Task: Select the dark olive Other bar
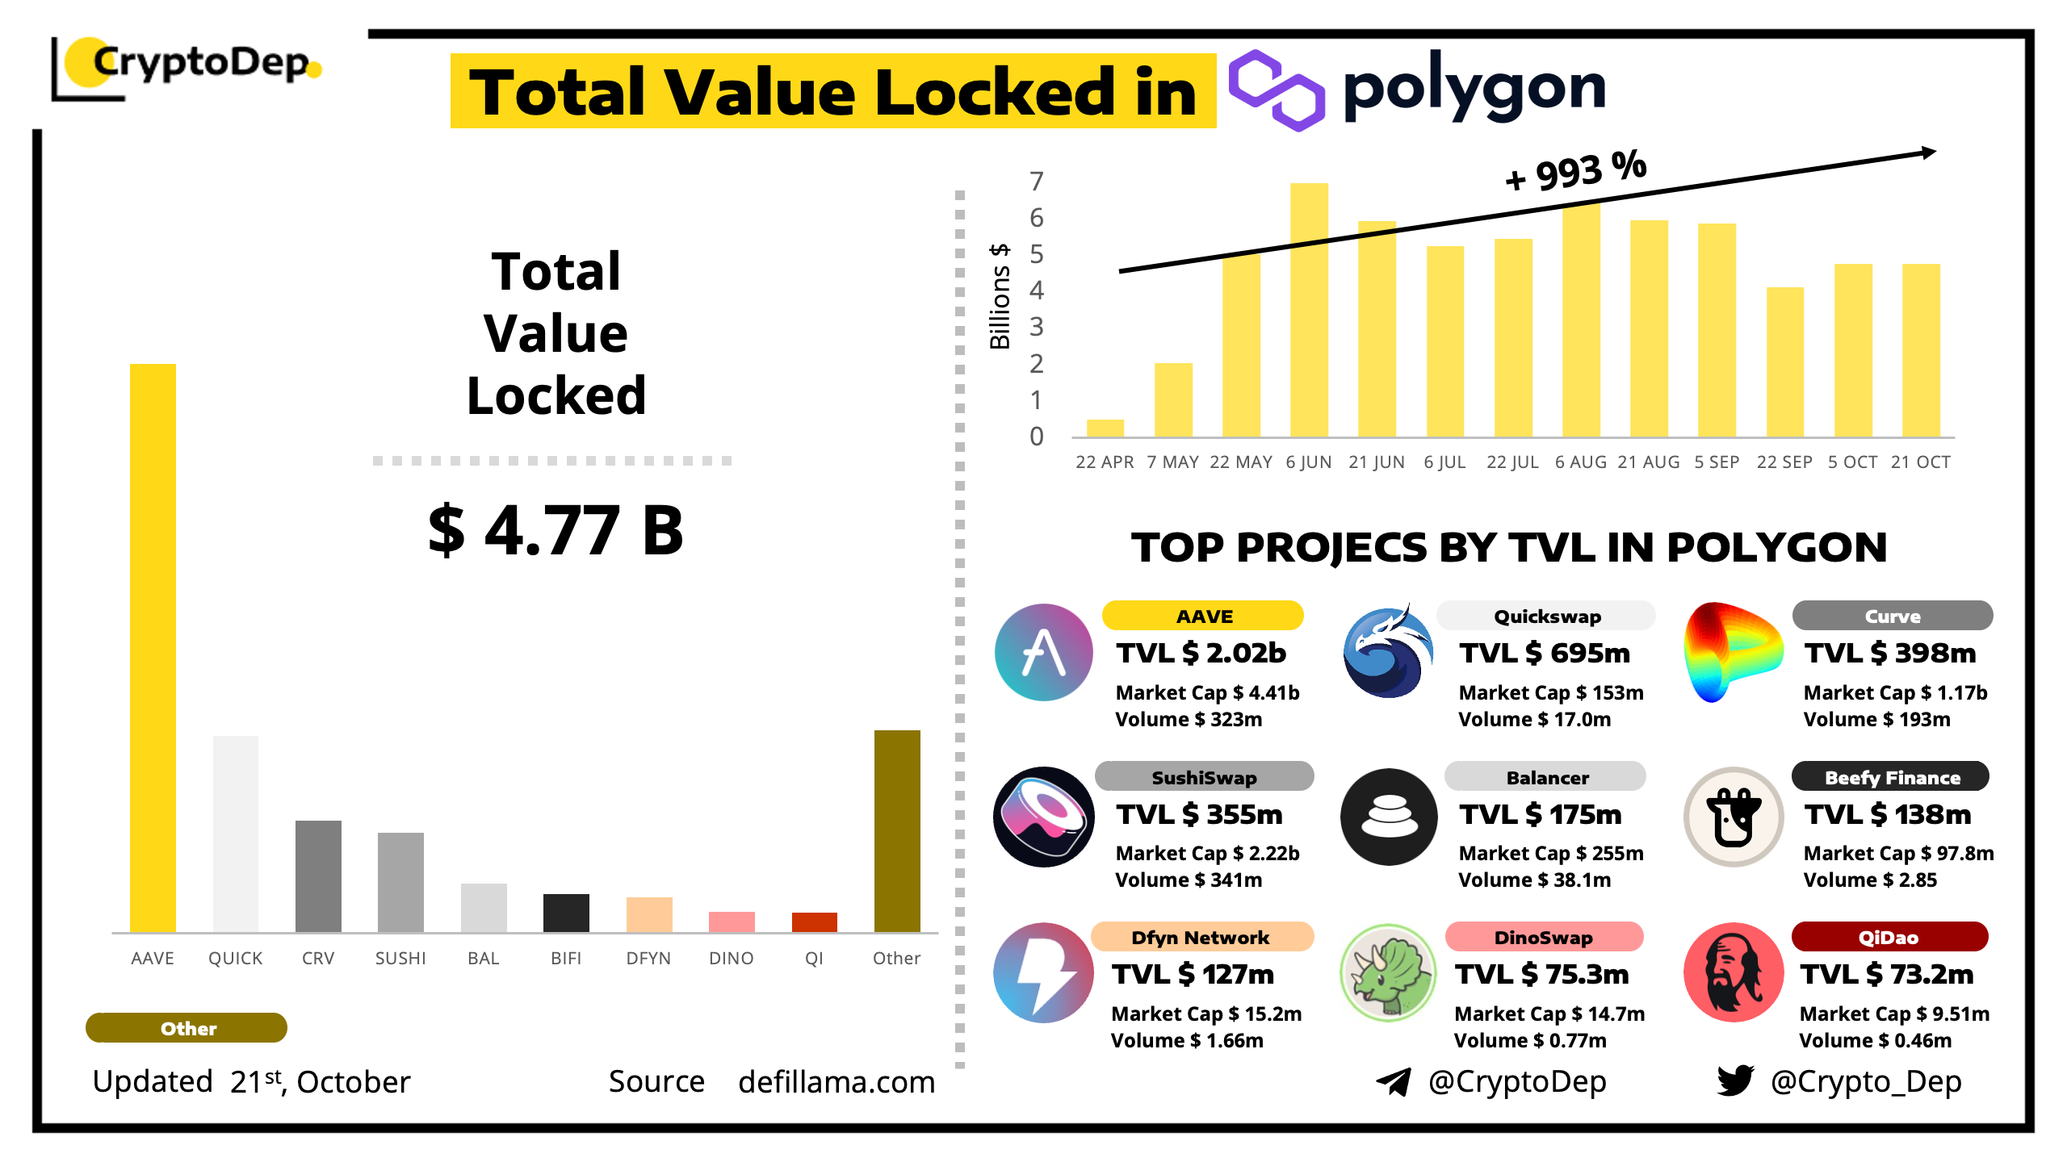click(897, 831)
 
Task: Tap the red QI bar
click(814, 922)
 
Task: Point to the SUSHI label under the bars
click(400, 958)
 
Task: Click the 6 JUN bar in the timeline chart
click(1309, 311)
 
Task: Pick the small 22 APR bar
click(1105, 428)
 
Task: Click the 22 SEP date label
click(1784, 462)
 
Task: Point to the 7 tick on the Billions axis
click(1037, 182)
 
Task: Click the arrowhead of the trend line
click(1929, 152)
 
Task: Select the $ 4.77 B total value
click(556, 530)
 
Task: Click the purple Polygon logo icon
click(1277, 90)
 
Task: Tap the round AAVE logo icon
click(1044, 652)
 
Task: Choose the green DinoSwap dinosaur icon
click(1388, 972)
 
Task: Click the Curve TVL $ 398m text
click(1890, 653)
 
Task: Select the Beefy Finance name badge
click(1891, 777)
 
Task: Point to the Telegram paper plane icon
click(1394, 1081)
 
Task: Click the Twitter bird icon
click(1735, 1080)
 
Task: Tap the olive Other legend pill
click(187, 1028)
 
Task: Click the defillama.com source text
click(836, 1082)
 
